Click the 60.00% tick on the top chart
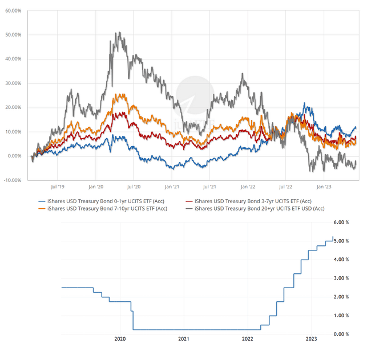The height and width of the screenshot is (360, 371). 13,11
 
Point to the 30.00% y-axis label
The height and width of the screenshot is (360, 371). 13,83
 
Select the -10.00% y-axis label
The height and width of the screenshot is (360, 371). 13,180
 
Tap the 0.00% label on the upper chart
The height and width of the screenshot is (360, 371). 14,156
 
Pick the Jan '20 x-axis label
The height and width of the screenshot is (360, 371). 96,186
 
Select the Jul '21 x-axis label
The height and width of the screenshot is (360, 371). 209,186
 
